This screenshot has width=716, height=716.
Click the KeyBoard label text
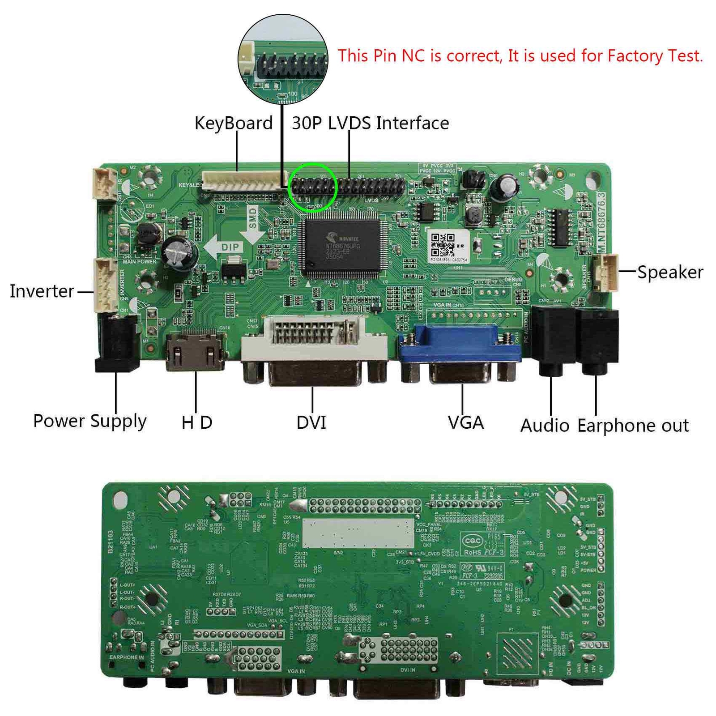233,123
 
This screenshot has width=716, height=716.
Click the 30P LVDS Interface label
370,123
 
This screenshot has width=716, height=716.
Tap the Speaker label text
670,272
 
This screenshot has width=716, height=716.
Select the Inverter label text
42,291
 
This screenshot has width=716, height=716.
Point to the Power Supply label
90,421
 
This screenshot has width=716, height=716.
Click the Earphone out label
633,426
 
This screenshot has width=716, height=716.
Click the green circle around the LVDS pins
313,187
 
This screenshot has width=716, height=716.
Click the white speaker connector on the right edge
606,272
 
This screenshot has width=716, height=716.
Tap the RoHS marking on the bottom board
473,552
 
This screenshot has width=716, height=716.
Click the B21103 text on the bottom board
111,542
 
